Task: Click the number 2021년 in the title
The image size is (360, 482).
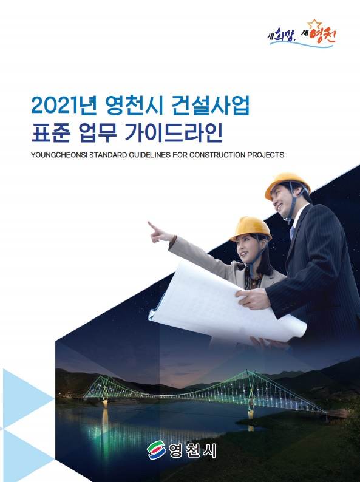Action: [64, 106]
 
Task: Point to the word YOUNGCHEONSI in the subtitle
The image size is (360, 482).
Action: [59, 155]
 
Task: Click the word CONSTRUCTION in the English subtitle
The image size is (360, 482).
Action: [221, 155]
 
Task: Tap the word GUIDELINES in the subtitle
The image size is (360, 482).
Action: [149, 155]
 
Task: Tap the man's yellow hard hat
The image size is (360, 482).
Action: [287, 185]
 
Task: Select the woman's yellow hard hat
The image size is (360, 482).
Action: [250, 228]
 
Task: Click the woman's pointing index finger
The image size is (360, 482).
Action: [153, 226]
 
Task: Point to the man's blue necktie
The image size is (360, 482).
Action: [292, 232]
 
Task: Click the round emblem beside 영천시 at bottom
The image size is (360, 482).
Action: [157, 450]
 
